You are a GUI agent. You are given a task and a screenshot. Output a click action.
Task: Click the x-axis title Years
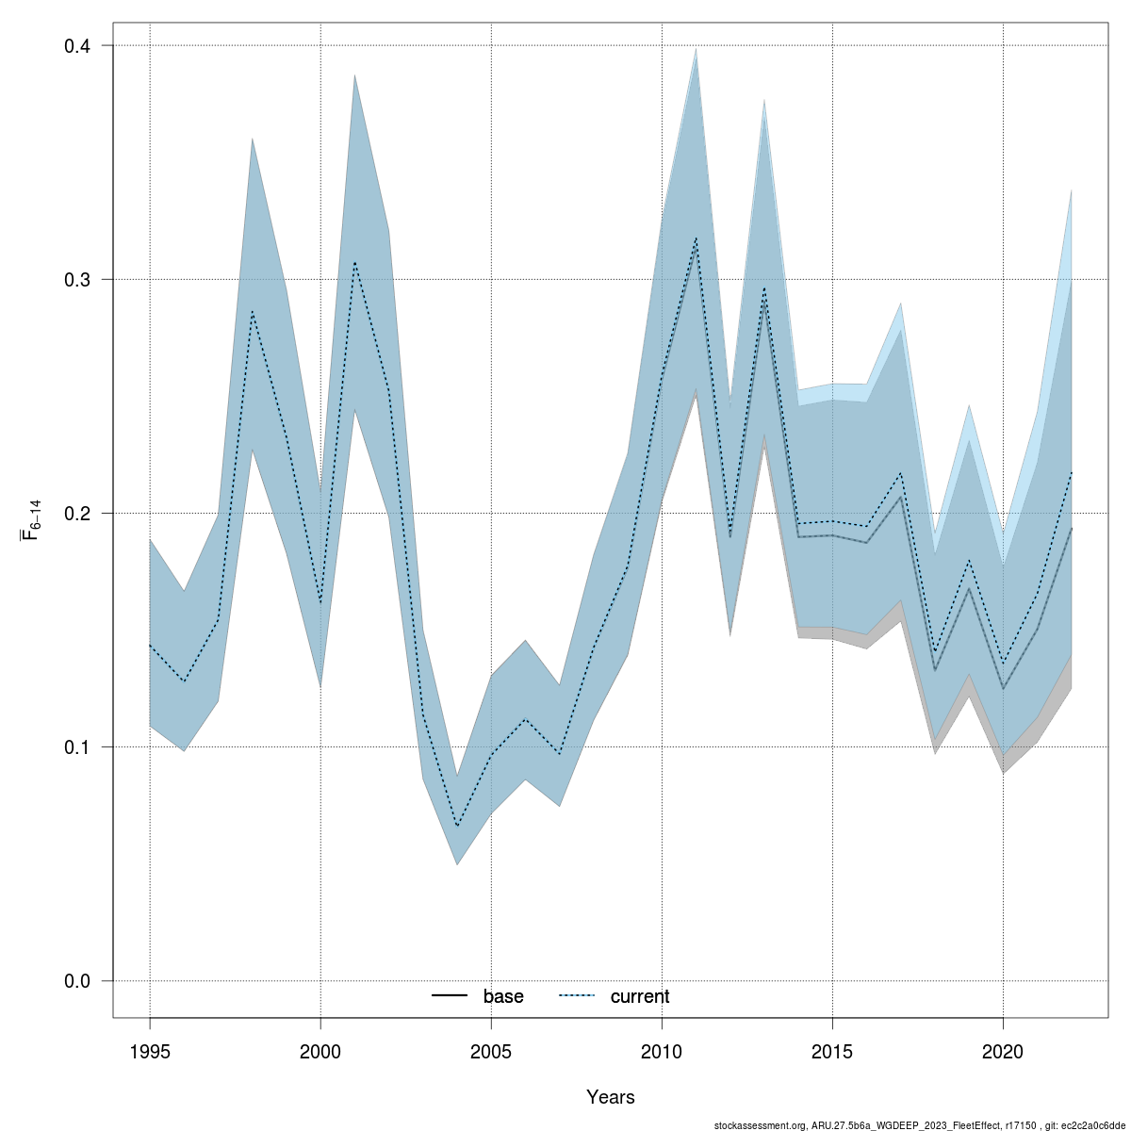610,1097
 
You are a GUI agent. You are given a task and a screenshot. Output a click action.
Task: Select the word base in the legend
503,996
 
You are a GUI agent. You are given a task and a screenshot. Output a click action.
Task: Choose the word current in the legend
640,996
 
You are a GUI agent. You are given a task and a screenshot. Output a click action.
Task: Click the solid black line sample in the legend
450,996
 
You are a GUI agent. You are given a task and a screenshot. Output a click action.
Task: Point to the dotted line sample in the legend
577,996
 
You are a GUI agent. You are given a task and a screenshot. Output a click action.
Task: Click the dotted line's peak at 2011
696,238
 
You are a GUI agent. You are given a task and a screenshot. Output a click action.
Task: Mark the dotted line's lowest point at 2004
457,827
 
